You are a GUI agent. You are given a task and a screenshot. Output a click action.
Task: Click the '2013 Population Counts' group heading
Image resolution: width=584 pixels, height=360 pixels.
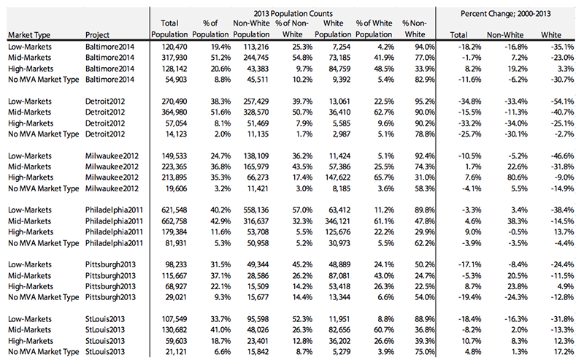pos(293,14)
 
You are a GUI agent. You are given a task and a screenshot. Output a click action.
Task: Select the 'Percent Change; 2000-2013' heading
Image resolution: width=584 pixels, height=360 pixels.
pos(505,14)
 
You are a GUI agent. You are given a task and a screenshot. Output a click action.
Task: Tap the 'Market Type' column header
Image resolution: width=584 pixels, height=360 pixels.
pos(29,35)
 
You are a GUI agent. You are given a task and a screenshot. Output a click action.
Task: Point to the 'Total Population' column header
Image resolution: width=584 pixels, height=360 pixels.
pos(169,28)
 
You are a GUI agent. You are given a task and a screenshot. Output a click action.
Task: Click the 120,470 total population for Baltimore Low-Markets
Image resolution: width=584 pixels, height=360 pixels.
pos(174,47)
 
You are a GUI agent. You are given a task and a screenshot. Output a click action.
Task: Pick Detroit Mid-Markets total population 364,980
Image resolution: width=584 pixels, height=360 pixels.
pos(174,112)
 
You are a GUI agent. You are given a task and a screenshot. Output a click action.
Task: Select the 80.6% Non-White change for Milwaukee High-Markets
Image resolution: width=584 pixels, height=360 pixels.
pos(518,177)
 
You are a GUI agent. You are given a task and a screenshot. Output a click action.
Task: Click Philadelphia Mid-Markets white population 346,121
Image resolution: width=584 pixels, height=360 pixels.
pos(337,221)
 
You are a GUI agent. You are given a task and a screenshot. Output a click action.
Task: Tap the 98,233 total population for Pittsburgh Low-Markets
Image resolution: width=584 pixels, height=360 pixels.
pos(176,264)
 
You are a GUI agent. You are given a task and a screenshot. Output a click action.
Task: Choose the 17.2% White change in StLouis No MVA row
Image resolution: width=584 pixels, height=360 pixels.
pos(564,352)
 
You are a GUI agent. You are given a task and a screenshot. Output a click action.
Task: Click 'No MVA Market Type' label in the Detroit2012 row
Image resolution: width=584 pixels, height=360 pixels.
pos(44,134)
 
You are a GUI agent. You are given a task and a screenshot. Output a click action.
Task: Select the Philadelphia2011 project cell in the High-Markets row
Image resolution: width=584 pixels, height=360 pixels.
pos(114,231)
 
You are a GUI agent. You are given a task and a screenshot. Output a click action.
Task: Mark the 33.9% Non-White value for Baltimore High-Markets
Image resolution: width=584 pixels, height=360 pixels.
pos(424,69)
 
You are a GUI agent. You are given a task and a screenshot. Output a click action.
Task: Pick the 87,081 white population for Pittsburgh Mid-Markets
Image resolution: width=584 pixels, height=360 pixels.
pos(339,276)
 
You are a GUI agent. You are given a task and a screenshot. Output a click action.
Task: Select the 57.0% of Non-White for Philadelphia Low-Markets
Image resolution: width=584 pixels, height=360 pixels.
pos(302,210)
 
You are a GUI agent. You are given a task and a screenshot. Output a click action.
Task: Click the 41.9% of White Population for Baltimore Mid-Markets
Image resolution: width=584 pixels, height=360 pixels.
pos(384,58)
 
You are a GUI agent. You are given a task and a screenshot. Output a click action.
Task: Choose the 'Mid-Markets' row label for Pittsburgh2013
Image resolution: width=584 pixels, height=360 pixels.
pos(29,276)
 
